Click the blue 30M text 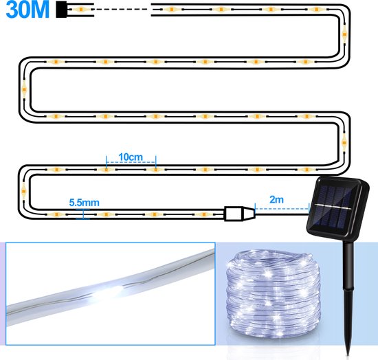(x=27, y=10)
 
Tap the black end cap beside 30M (x=61, y=10)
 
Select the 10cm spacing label (x=131, y=157)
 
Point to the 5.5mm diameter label (x=84, y=203)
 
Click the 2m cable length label (x=276, y=199)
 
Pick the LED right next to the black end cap (x=80, y=10)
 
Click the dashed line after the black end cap (x=119, y=10)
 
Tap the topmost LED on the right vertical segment (x=344, y=32)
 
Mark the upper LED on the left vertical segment (x=24, y=89)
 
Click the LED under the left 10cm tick (x=106, y=170)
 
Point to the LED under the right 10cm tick (x=156, y=170)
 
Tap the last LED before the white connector (x=204, y=214)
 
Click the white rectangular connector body (x=234, y=214)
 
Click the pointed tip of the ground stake (x=348, y=355)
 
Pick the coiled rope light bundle (x=274, y=293)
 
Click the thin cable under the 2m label (x=282, y=214)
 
